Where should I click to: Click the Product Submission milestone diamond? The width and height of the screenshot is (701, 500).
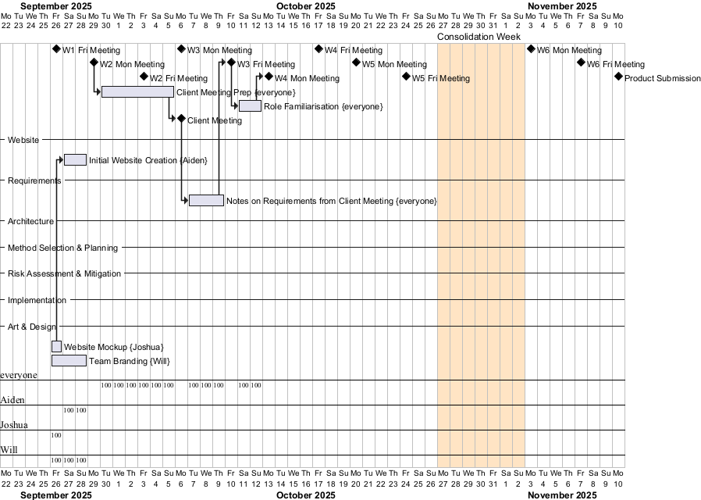coord(618,77)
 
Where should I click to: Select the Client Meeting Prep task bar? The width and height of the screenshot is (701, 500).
coord(137,91)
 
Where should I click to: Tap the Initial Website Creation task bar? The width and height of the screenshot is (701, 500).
coord(75,160)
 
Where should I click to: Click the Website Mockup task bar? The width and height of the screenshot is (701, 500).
coord(56,346)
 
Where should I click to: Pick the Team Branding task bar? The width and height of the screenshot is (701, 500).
coord(69,360)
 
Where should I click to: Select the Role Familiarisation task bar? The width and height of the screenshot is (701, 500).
coord(250,105)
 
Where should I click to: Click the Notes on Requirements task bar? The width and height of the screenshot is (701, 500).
coord(206,201)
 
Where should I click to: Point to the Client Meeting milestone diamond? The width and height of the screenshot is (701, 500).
coord(181,119)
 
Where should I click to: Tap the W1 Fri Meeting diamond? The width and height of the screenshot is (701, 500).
coord(56,49)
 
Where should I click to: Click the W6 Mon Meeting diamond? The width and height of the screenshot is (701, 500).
coord(531,49)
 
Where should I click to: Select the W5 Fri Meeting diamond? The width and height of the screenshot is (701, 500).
coord(406,77)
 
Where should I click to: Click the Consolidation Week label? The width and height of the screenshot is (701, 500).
coord(479,37)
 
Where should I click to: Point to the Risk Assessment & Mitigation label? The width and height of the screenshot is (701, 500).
coord(64,273)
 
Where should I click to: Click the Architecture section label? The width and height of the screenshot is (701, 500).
coord(30,221)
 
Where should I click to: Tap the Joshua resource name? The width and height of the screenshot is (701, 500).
coord(14,425)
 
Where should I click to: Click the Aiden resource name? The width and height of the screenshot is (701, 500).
coord(12,400)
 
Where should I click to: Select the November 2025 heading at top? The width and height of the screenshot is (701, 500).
coord(562,5)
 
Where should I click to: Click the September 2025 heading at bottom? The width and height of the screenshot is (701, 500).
coord(56,495)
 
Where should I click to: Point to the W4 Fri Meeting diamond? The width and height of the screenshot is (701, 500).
coord(318,49)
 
